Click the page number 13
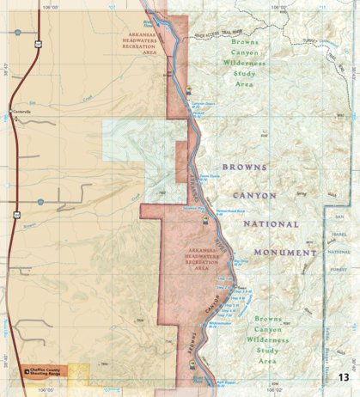(x=343, y=376)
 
